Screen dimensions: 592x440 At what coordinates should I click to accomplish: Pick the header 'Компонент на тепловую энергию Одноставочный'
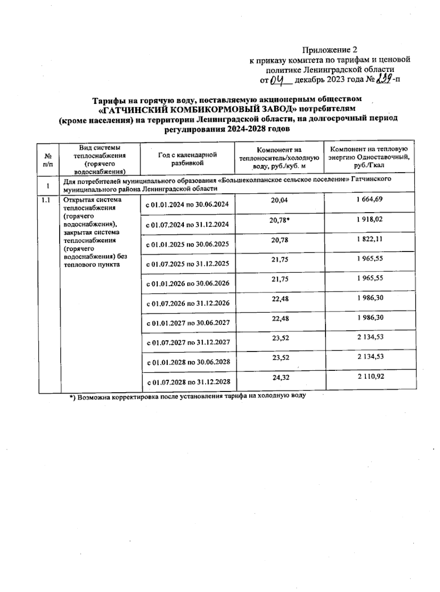[x=369, y=157]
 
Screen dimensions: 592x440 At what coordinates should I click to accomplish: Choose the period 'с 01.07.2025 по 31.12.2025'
[x=188, y=264]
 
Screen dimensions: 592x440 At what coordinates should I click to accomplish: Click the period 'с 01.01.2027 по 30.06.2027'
[x=188, y=323]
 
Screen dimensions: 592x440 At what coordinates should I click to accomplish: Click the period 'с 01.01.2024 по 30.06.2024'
[x=187, y=204]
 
